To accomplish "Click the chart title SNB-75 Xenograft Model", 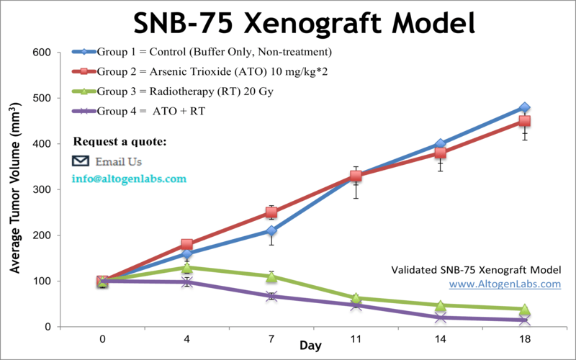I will (x=304, y=23).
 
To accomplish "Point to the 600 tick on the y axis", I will (x=40, y=53).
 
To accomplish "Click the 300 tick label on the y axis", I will (x=40, y=190).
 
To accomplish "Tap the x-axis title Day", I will (x=310, y=346).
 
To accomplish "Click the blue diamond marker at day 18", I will (x=525, y=108).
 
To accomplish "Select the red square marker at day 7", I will (x=271, y=212).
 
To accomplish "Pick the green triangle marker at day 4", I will (x=187, y=267).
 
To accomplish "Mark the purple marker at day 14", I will (x=441, y=318).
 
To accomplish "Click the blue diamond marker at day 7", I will (x=271, y=230).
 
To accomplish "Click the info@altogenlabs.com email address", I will (x=129, y=179).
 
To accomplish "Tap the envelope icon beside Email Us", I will (x=82, y=160).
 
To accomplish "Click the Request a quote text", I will (x=120, y=140).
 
